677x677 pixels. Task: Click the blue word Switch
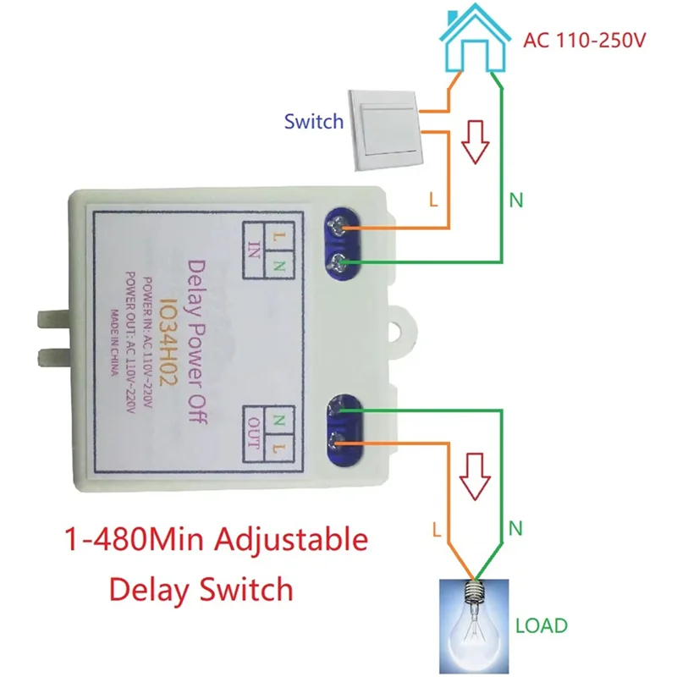(x=314, y=121)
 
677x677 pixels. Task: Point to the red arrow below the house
(x=476, y=144)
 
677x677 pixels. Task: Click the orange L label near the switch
(x=433, y=201)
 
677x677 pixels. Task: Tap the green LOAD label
(x=542, y=626)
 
